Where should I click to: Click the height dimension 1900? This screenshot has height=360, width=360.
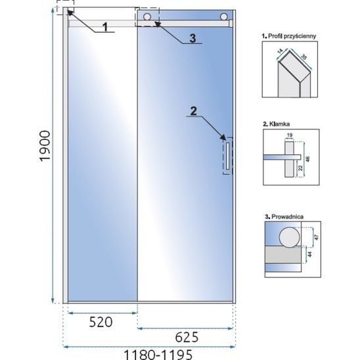(45, 146)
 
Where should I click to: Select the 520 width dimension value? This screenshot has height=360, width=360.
(101, 322)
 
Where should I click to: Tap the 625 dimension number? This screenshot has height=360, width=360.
(187, 337)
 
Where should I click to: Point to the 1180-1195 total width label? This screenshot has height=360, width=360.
(158, 355)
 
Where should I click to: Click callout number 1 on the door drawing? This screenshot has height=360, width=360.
(105, 27)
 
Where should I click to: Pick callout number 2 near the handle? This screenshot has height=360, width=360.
(194, 111)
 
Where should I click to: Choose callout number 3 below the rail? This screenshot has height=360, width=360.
(192, 38)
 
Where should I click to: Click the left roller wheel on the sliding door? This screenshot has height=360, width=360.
(147, 17)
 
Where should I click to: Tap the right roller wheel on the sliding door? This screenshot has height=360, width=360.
(223, 17)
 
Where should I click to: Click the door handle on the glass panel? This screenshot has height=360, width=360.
(227, 156)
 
